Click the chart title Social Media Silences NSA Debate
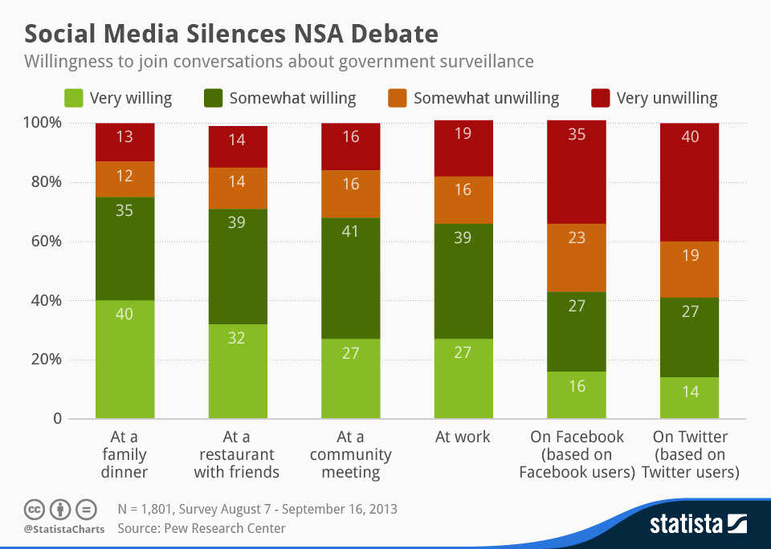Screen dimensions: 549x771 point(231,35)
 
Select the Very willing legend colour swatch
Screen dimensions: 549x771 point(74,98)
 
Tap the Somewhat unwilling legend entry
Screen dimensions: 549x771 point(474,98)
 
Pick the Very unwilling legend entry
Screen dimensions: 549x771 point(655,98)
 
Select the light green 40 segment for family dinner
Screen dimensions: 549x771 point(125,359)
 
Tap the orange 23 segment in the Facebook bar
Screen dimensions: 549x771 point(577,258)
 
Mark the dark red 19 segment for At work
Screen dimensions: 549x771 point(463,148)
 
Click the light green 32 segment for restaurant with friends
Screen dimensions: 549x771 point(238,371)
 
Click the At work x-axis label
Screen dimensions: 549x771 point(463,437)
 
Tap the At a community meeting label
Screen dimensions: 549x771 point(351,454)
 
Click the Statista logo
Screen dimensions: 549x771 point(697,525)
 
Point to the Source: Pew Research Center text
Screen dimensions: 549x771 point(201,528)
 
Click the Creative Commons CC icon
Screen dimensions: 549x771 point(34,509)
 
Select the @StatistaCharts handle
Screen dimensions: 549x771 point(63,530)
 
